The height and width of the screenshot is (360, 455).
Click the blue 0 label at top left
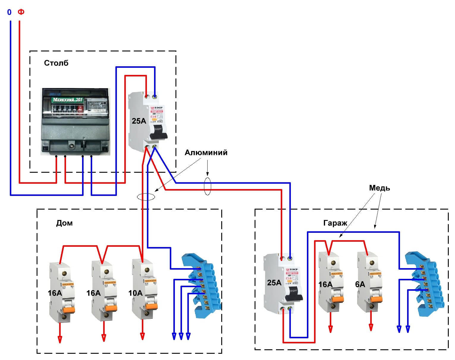(x=9, y=12)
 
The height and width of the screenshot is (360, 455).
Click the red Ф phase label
(x=21, y=12)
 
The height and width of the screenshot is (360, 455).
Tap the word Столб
(x=56, y=63)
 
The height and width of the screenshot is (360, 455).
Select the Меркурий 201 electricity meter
(x=76, y=121)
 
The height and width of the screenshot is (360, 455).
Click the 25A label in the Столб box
(x=139, y=121)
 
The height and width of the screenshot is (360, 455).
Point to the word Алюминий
(x=206, y=153)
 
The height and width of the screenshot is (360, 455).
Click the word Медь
(x=379, y=188)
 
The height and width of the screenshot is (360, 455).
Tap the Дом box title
(x=64, y=223)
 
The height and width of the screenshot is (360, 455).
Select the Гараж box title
(x=335, y=223)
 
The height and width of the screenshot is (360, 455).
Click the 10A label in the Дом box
(x=135, y=293)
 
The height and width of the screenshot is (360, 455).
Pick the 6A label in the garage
(x=360, y=284)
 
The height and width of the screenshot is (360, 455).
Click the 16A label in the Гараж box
(x=325, y=284)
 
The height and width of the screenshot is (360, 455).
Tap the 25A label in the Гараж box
(x=274, y=282)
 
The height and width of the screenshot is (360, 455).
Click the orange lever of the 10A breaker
(x=152, y=306)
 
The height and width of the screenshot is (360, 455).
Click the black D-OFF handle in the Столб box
(x=158, y=132)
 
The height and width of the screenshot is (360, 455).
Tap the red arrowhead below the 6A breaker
(x=371, y=327)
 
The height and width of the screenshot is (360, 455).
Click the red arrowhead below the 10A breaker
(x=142, y=336)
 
